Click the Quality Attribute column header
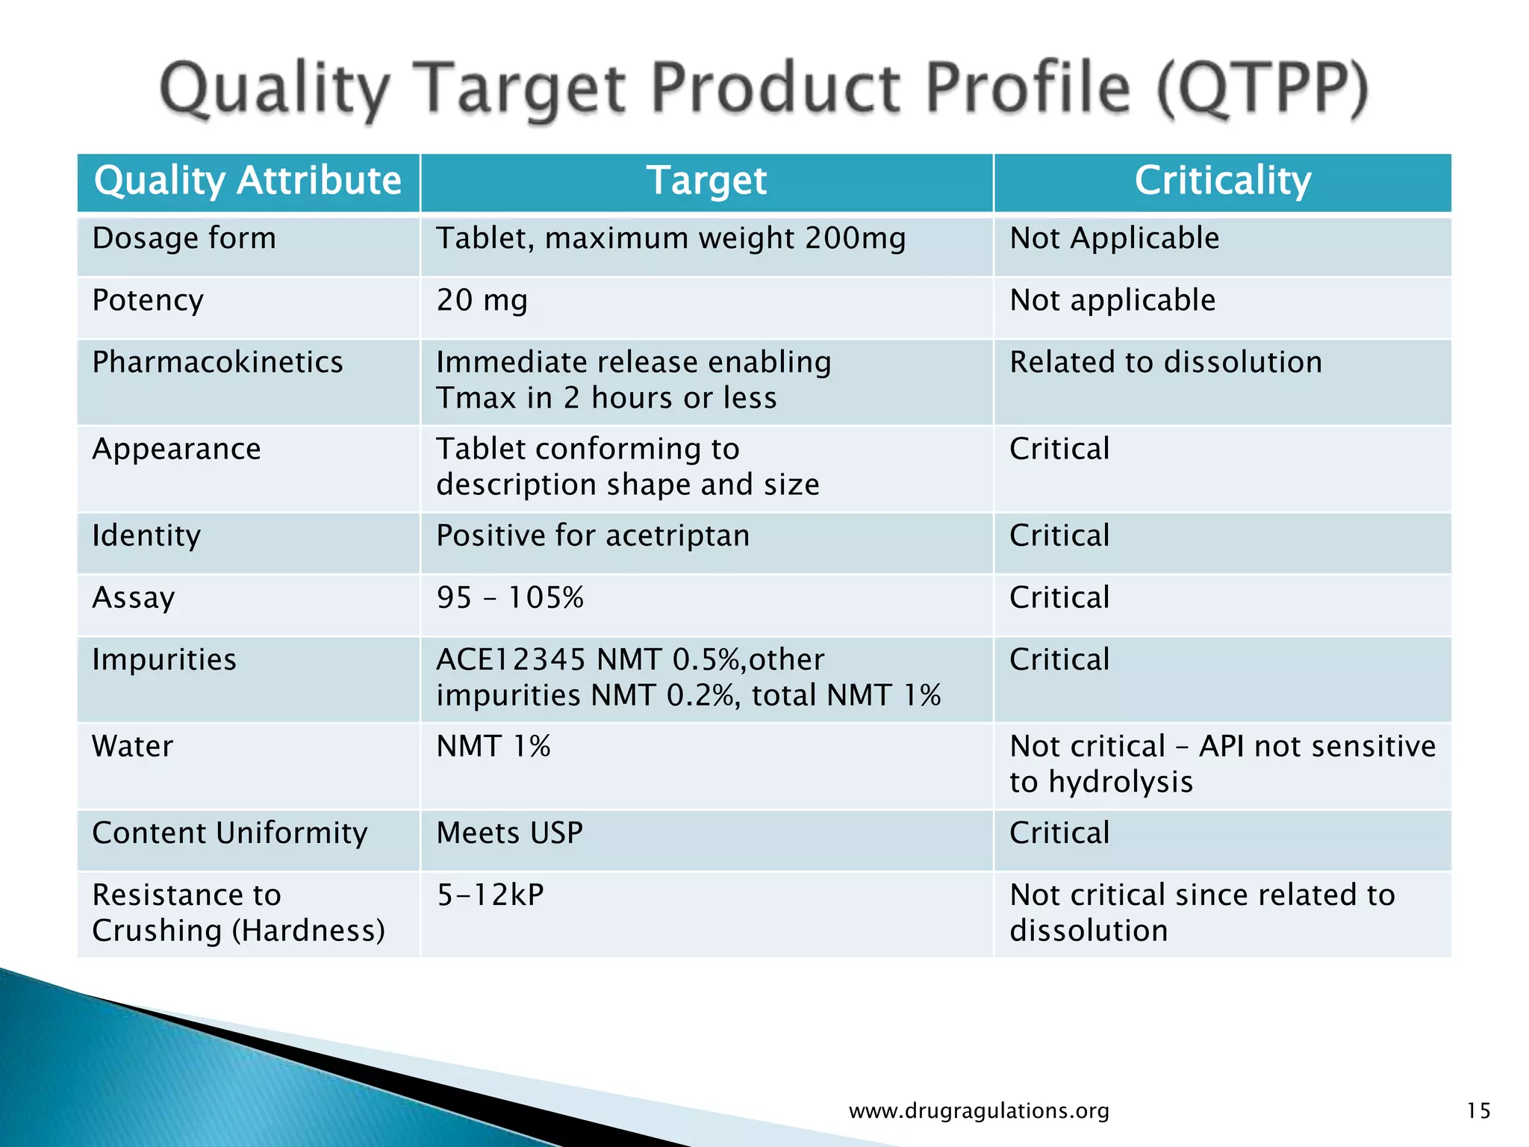click(248, 181)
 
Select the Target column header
click(706, 181)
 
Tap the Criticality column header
click(1222, 181)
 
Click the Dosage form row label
click(184, 239)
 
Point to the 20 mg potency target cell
click(482, 301)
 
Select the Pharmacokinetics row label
click(217, 363)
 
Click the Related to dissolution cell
click(1165, 363)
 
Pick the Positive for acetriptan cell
click(593, 536)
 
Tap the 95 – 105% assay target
click(510, 598)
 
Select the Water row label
click(132, 747)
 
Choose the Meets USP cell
click(509, 833)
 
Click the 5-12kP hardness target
click(491, 895)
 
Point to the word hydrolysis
click(1121, 783)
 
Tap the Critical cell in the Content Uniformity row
click(1059, 833)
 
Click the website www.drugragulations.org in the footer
click(979, 1111)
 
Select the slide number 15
click(1478, 1111)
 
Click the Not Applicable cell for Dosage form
click(1114, 239)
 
